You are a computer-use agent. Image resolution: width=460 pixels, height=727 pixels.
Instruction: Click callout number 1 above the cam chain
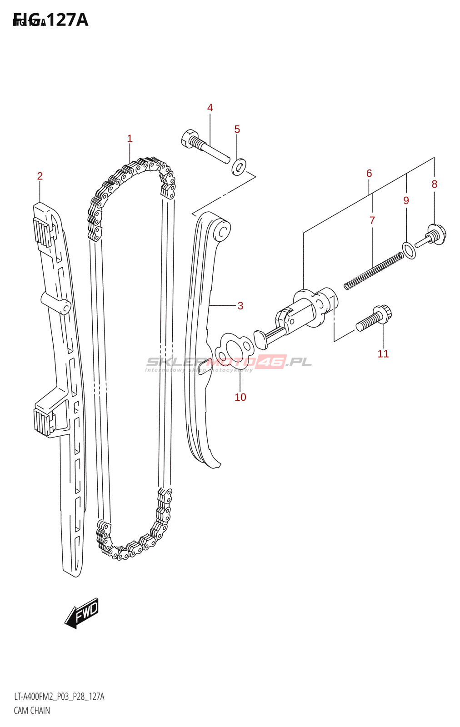(130, 139)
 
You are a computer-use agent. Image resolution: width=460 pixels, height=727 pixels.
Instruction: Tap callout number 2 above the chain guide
(40, 176)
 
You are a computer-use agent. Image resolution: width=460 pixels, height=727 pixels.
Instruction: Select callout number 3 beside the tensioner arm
(240, 306)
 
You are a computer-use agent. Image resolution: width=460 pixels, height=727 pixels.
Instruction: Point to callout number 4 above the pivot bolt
(210, 108)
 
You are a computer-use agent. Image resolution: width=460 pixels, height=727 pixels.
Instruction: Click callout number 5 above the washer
(237, 129)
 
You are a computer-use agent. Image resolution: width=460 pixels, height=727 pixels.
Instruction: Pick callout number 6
(369, 173)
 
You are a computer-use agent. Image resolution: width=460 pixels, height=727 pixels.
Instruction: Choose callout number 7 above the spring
(372, 220)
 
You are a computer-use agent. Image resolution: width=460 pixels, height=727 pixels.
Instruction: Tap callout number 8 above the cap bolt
(435, 184)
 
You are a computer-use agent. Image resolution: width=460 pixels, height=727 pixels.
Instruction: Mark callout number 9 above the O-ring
(406, 200)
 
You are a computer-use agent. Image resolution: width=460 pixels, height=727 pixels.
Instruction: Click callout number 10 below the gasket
(240, 397)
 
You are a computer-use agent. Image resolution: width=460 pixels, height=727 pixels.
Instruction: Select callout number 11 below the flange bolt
(383, 354)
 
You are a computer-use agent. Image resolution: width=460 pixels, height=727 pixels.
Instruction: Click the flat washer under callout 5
(239, 167)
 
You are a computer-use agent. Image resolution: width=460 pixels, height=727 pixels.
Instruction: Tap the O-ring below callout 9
(409, 250)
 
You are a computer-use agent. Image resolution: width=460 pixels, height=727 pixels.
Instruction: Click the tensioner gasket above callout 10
(235, 349)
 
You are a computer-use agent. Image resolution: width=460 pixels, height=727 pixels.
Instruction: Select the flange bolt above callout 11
(374, 318)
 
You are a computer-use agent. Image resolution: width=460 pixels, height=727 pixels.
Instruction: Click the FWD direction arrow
(82, 613)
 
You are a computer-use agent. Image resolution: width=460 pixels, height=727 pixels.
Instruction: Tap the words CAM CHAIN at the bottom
(32, 711)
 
